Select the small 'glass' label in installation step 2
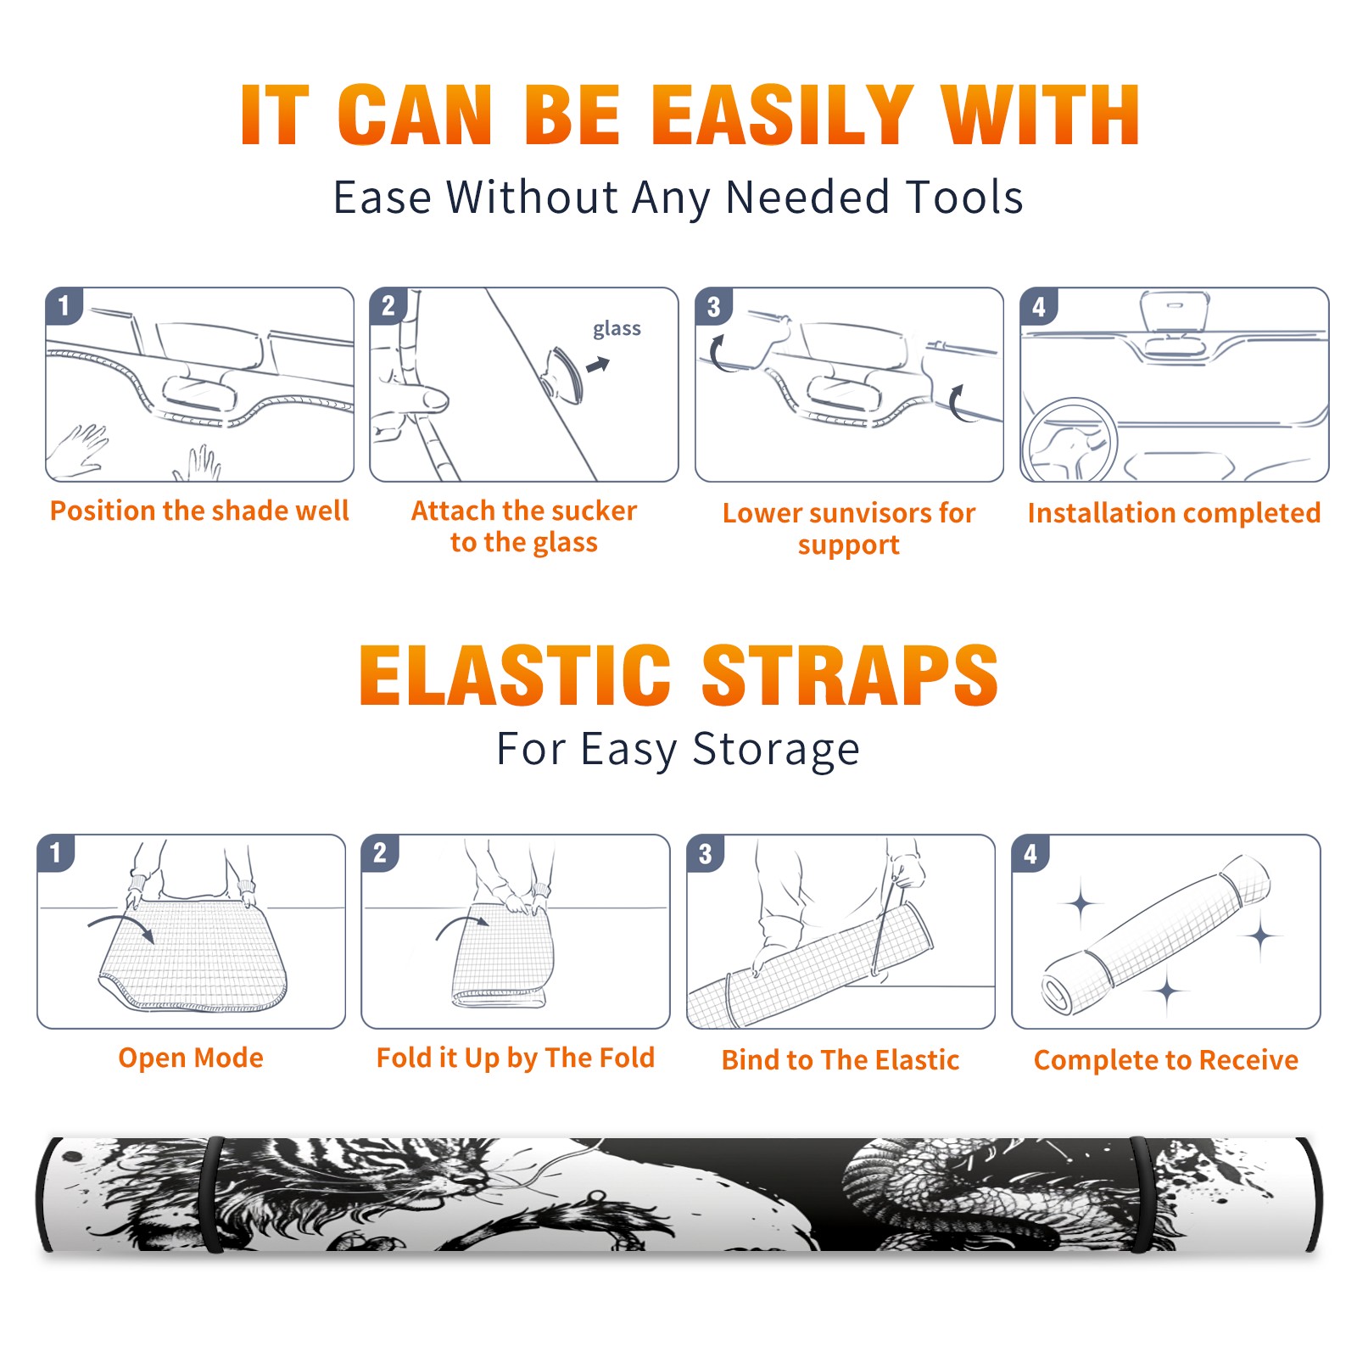click(617, 329)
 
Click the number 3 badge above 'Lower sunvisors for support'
click(714, 307)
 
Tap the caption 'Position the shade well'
click(199, 511)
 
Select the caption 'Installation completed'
click(1174, 512)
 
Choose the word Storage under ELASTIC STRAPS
click(776, 750)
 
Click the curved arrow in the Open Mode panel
click(121, 927)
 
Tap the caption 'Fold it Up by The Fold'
click(516, 1058)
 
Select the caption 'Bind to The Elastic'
click(840, 1060)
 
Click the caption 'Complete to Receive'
click(1166, 1060)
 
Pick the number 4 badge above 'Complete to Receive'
click(1030, 854)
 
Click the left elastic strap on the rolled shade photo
click(214, 1195)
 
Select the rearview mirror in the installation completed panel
click(1174, 311)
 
